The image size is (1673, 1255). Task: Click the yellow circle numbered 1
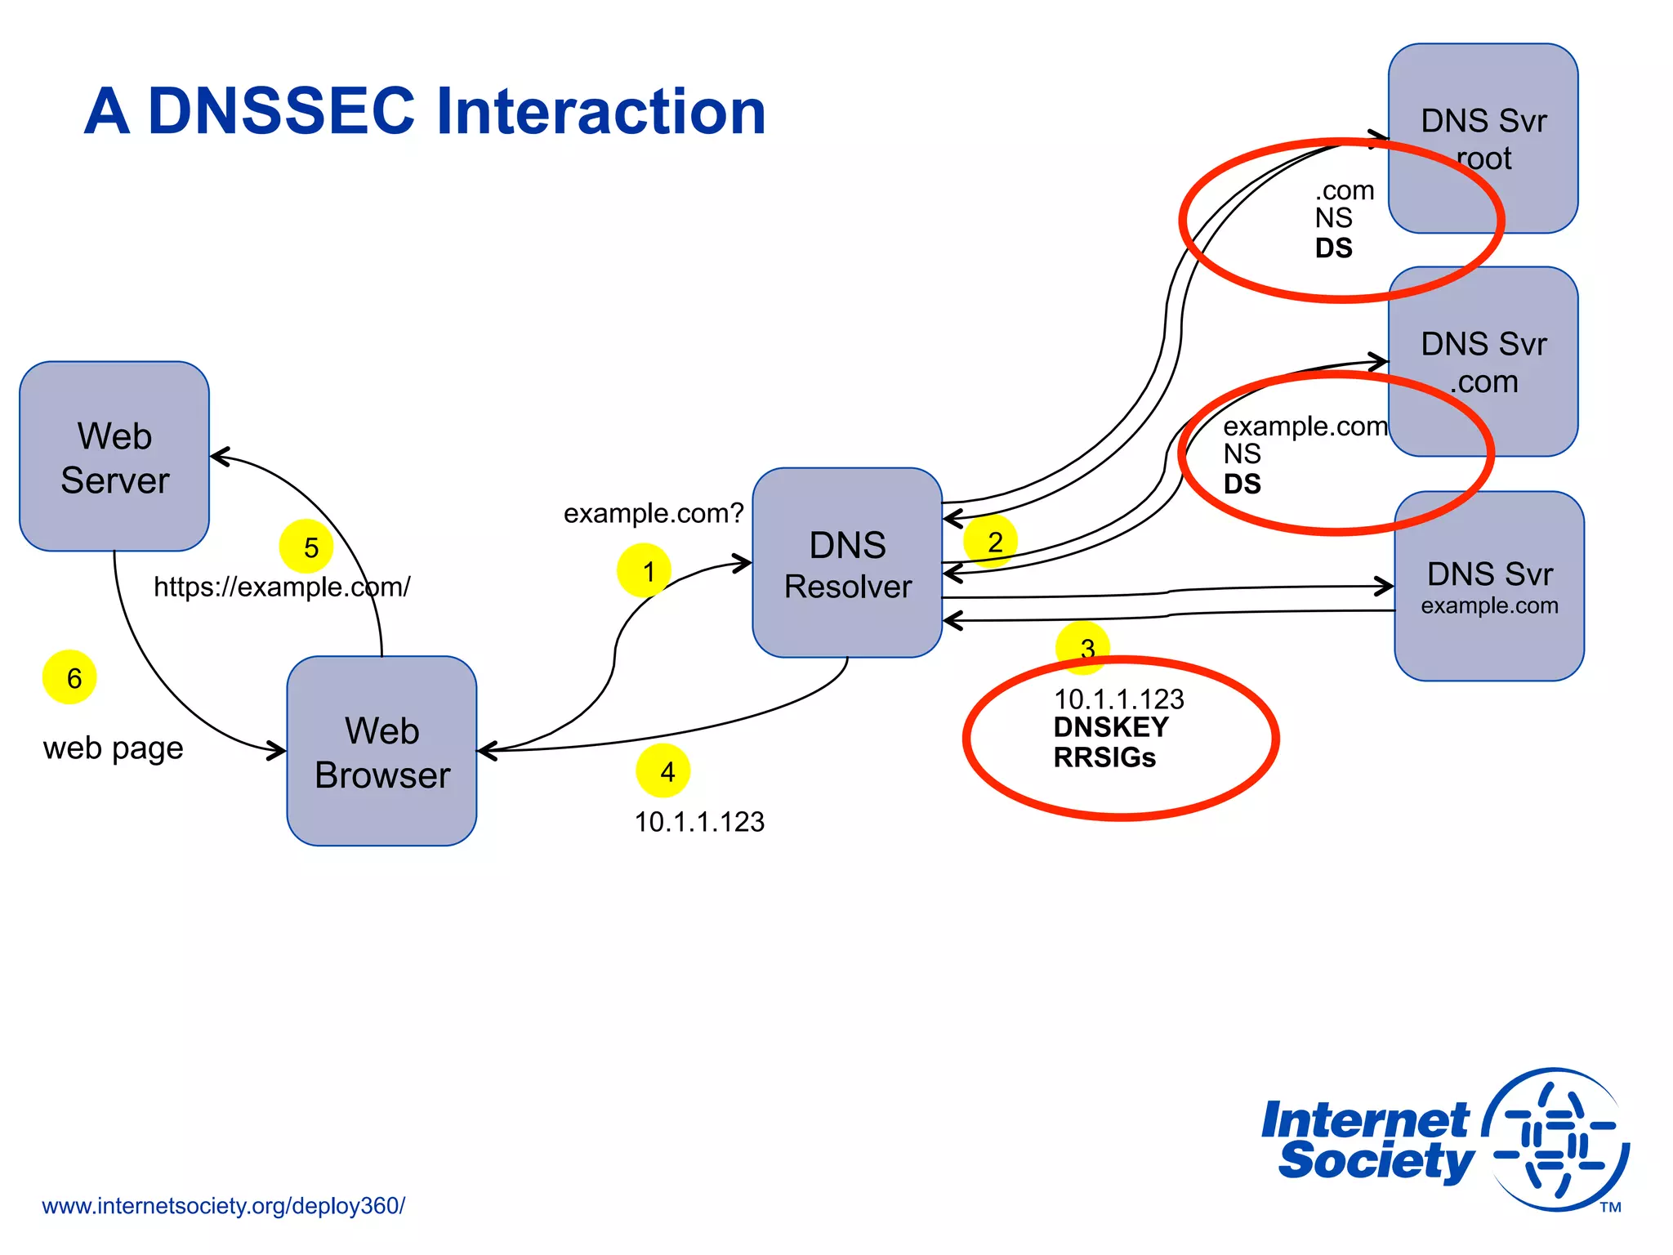coord(644,570)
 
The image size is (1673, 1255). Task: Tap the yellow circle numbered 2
coord(990,541)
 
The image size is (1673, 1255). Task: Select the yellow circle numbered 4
coord(663,770)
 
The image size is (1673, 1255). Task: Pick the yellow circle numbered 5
coord(306,547)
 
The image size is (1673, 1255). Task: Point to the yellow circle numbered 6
coord(69,677)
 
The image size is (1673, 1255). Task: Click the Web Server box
coord(114,457)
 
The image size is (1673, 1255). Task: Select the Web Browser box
coord(381,751)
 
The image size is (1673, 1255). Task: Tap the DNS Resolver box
coord(847,563)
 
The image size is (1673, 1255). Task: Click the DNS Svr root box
coord(1483,139)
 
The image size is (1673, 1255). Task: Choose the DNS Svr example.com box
coord(1488,587)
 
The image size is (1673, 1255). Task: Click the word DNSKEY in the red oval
coord(1111,727)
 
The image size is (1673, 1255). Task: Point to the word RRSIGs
coord(1104,758)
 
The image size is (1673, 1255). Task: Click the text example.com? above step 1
coord(654,513)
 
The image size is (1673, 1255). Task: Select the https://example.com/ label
coord(282,587)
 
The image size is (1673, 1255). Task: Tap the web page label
coord(114,748)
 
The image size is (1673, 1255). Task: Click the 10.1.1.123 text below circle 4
coord(699,822)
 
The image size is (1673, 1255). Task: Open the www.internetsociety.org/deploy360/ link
coord(223,1206)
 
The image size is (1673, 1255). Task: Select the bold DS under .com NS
coord(1333,248)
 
